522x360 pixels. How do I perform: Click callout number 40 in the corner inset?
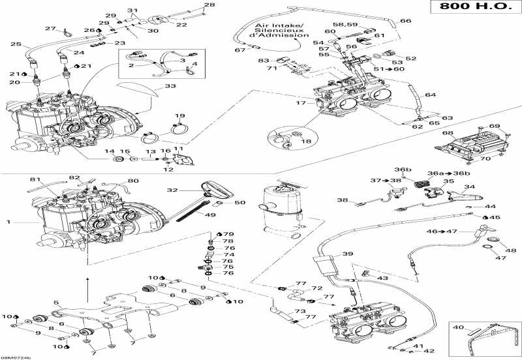click(x=458, y=327)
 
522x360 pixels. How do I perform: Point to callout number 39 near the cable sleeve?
click(x=348, y=254)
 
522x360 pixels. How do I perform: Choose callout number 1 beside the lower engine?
click(x=8, y=223)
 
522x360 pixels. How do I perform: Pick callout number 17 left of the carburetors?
click(x=301, y=102)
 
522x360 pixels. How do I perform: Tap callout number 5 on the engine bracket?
click(x=56, y=303)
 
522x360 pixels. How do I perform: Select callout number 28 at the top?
click(x=209, y=6)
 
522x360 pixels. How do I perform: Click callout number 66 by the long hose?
click(x=406, y=21)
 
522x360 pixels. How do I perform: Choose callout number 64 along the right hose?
click(x=430, y=95)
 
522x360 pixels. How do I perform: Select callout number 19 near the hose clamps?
click(x=179, y=115)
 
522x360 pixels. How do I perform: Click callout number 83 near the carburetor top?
click(x=263, y=60)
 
